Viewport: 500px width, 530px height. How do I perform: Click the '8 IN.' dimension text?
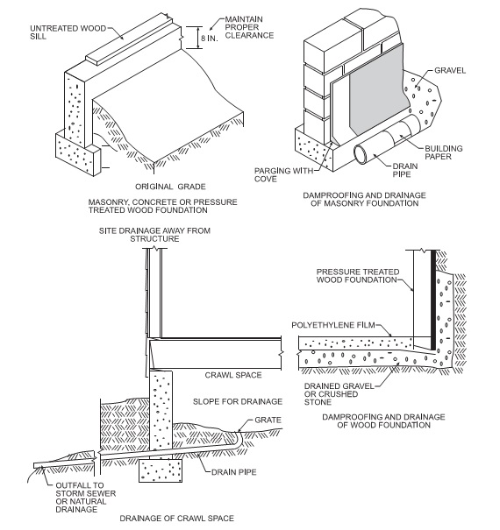point(209,38)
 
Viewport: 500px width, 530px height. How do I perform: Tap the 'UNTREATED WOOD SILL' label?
point(68,32)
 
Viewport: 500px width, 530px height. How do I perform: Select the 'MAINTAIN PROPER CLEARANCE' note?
point(249,27)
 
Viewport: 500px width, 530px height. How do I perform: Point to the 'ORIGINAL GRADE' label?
point(170,187)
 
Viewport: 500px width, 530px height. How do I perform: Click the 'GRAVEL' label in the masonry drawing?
point(450,71)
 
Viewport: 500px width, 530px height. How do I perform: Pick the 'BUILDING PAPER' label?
point(444,152)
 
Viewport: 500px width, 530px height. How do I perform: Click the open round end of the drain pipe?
point(361,154)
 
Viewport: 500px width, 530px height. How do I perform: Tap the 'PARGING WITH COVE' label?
point(283,174)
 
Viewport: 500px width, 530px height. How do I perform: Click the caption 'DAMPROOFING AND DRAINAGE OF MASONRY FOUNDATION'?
point(364,200)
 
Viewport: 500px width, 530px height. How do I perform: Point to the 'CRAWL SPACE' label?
point(233,375)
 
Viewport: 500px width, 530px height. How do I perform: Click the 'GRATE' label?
point(268,420)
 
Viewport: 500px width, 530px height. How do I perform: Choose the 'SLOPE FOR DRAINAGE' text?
point(238,401)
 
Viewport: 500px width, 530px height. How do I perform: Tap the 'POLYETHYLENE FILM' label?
point(333,325)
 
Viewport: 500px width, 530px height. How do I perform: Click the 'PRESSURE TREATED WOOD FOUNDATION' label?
point(358,276)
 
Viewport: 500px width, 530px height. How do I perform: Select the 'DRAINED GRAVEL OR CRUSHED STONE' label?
point(339,394)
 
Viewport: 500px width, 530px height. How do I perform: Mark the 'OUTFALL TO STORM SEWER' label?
point(86,490)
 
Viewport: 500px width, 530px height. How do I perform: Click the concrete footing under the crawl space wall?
point(161,470)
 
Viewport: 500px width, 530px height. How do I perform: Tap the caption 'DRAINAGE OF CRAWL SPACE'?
point(176,519)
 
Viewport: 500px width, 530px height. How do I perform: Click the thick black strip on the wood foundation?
point(433,300)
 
